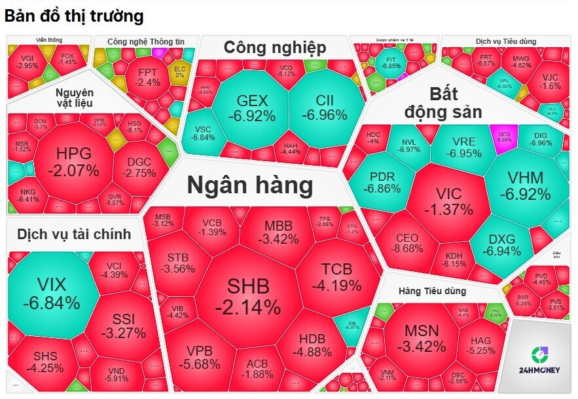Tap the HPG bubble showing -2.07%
point(73,162)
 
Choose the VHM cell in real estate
point(525,185)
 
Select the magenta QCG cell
point(505,136)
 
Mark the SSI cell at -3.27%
point(122,326)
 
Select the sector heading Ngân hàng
point(250,186)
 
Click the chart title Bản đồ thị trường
point(74,16)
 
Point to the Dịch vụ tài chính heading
point(74,234)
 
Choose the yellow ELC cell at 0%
point(179,71)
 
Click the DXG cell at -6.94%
point(502,244)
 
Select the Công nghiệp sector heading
point(274,47)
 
